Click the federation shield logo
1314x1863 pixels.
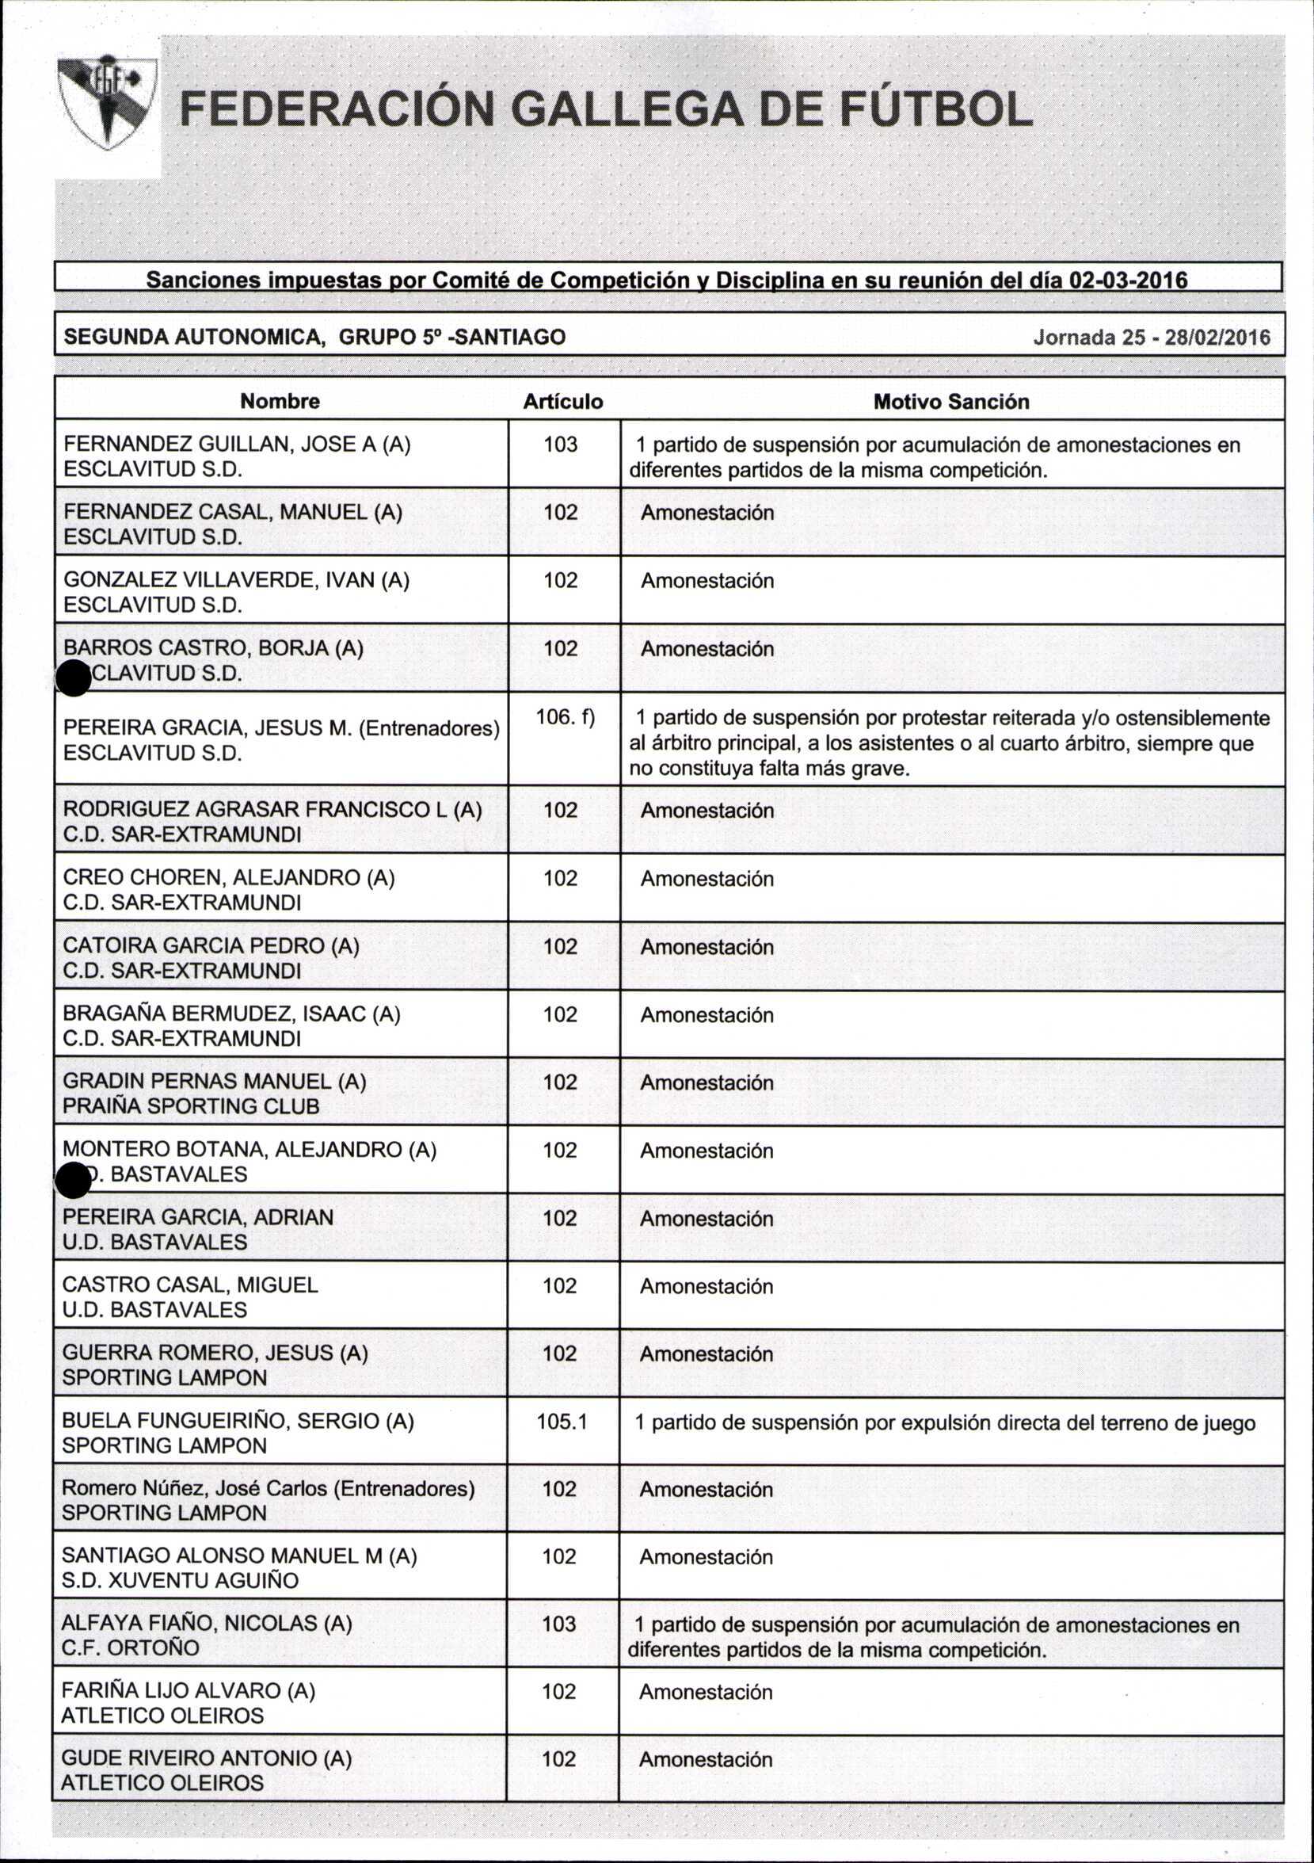(x=106, y=103)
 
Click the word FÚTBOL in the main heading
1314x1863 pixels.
(x=936, y=109)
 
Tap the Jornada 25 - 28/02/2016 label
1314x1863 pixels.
(x=1151, y=338)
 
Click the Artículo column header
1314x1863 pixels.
(x=563, y=402)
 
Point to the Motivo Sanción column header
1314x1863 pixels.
(x=950, y=402)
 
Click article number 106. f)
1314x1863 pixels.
(x=566, y=717)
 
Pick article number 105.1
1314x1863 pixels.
(x=562, y=1422)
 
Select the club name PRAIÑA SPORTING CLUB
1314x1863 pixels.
(x=191, y=1106)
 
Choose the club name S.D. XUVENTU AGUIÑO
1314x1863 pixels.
(x=180, y=1580)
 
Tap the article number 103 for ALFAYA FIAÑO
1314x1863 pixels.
(x=559, y=1624)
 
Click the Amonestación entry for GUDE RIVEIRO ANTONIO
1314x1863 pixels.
(x=705, y=1759)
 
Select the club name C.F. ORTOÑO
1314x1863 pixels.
(x=130, y=1648)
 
